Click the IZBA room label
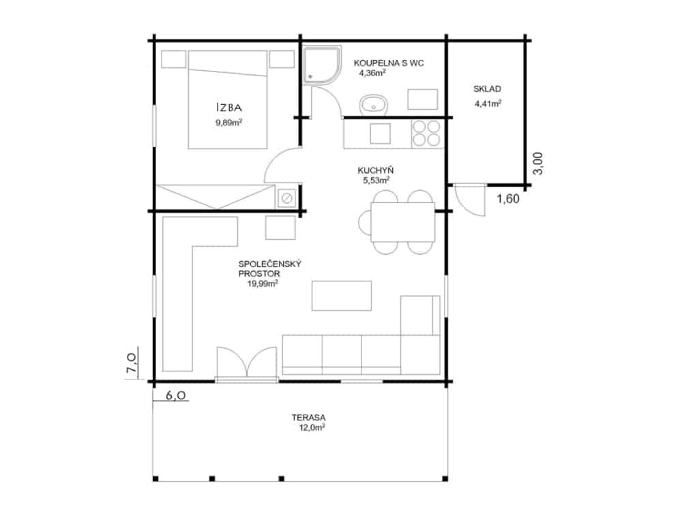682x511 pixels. (x=229, y=108)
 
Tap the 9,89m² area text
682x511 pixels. (x=228, y=122)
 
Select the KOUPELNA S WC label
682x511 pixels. (x=389, y=63)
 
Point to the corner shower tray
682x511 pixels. (x=321, y=64)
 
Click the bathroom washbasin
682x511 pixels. (x=374, y=105)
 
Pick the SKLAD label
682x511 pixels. (x=487, y=89)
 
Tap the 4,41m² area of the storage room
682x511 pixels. (x=488, y=104)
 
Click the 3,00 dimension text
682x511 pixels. (x=538, y=164)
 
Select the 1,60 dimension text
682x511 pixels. (x=508, y=199)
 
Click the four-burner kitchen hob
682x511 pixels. (x=426, y=133)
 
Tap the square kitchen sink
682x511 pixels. (x=380, y=134)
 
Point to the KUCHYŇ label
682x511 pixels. (x=375, y=170)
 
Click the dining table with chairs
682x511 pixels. (x=397, y=222)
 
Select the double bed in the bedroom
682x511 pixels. (x=228, y=99)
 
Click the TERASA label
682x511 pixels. (x=308, y=418)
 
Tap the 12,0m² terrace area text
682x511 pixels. (x=312, y=428)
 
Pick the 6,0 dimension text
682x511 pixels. (x=176, y=395)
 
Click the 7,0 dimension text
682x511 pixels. (x=132, y=363)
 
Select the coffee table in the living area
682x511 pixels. (x=342, y=296)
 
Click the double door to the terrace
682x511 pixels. (x=247, y=363)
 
